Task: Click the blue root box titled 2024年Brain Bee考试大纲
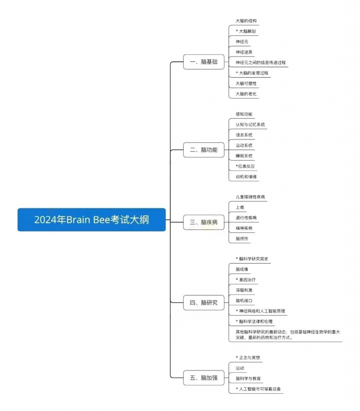[x=92, y=220]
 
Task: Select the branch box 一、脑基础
[x=203, y=62]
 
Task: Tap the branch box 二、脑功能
[x=203, y=150]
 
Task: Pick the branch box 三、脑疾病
[x=203, y=222]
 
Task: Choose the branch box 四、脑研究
[x=203, y=303]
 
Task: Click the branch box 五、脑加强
[x=203, y=378]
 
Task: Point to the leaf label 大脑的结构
[x=246, y=21]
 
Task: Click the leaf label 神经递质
[x=244, y=52]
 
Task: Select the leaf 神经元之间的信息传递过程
[x=260, y=63]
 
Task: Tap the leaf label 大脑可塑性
[x=246, y=83]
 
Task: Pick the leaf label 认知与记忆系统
[x=250, y=124]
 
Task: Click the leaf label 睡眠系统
[x=244, y=156]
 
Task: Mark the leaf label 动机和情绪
[x=246, y=177]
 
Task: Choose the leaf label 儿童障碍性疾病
[x=250, y=197]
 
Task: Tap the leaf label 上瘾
[x=240, y=208]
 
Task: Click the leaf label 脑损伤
[x=242, y=238]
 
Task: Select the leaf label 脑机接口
[x=244, y=301]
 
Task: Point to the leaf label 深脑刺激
[x=244, y=290]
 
